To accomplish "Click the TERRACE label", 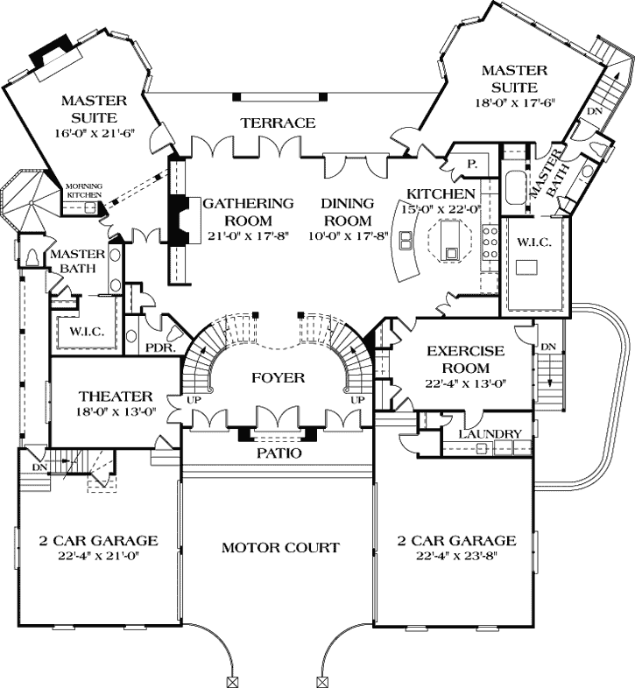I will [x=278, y=123].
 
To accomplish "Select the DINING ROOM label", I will [x=347, y=211].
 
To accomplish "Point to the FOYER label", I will [x=279, y=378].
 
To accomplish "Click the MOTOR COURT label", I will [x=279, y=548].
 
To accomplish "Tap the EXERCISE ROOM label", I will [x=465, y=359].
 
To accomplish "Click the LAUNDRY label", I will [x=491, y=433].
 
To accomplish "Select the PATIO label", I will [x=279, y=453].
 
